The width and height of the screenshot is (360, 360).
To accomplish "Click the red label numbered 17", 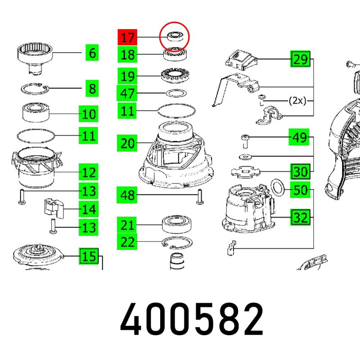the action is click(127, 37).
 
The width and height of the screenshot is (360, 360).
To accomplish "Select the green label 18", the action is click(127, 54).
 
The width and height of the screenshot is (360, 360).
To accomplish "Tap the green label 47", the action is click(127, 93).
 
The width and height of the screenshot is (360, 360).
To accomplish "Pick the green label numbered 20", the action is click(127, 143).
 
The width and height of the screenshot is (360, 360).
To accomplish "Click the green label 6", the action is click(92, 53).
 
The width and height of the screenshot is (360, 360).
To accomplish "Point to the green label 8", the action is click(92, 88).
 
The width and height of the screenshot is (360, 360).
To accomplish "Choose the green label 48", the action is click(127, 195).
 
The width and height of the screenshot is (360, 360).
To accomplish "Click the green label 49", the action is click(299, 137).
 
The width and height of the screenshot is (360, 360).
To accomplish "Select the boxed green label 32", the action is click(300, 217).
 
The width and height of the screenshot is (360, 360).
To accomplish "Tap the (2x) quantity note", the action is click(297, 100).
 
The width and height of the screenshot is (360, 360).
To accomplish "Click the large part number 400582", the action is click(192, 319).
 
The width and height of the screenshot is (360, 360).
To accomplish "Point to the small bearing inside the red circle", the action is click(175, 37).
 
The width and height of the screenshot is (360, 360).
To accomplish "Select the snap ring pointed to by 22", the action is click(177, 243).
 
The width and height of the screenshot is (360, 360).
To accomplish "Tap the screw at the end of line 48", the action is click(199, 197).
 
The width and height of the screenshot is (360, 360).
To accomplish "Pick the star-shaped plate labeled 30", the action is click(245, 172).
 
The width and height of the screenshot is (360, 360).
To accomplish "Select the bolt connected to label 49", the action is click(245, 142).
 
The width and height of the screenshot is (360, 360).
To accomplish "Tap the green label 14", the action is click(89, 209).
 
